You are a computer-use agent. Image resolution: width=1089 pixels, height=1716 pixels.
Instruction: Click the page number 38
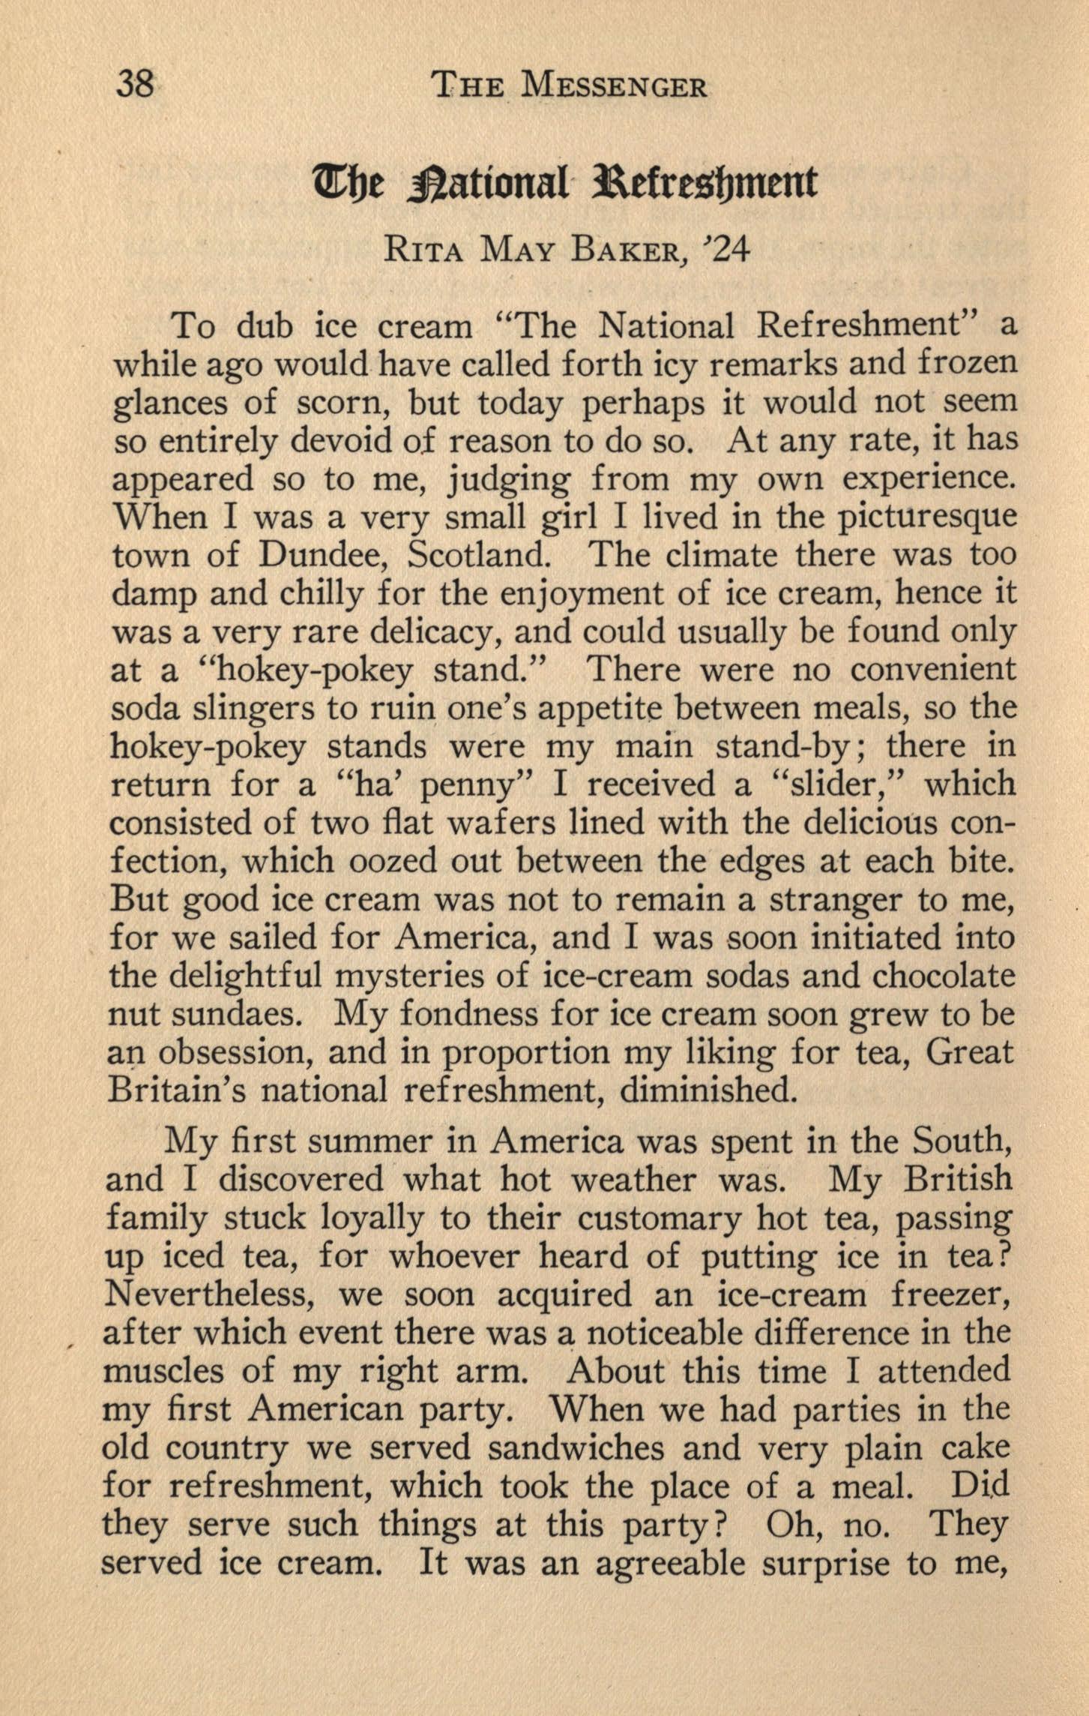[135, 84]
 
